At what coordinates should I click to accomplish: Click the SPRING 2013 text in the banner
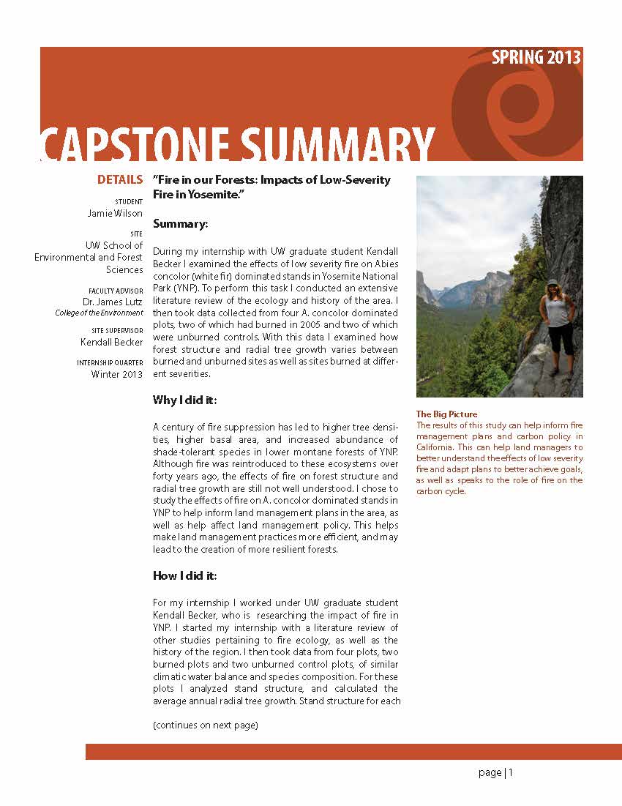pos(536,58)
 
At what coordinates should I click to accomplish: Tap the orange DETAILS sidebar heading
pos(120,180)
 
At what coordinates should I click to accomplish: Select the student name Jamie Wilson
pos(115,213)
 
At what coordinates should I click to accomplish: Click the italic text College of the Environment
pos(99,313)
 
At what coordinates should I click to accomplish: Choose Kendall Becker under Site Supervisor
pos(111,342)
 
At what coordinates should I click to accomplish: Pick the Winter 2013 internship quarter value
pos(117,374)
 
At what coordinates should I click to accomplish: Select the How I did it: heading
pos(184,575)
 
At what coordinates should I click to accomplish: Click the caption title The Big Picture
pos(446,414)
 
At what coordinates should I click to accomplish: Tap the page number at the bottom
pos(496,772)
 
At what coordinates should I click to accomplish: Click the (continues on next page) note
pos(206,725)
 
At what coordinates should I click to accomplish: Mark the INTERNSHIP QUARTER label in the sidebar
pos(110,363)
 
